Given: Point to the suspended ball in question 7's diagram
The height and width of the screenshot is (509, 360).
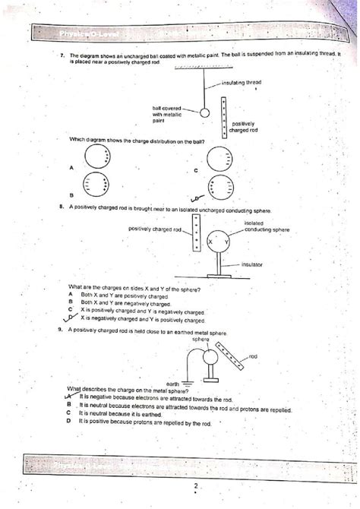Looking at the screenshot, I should coord(204,110).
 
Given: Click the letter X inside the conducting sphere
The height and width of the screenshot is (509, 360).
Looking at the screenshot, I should coord(210,242).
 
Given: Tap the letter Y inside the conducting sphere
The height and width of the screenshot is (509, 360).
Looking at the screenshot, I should coord(226,242).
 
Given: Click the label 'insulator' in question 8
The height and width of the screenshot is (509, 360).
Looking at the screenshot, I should coord(251,264).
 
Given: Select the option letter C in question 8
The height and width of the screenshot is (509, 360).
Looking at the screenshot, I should coord(69,310).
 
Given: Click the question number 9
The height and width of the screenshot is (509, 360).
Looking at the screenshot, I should coord(60,330).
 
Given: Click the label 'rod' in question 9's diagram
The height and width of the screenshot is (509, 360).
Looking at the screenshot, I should coord(253,356).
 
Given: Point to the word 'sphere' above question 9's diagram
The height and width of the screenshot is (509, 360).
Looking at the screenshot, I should coord(201,339).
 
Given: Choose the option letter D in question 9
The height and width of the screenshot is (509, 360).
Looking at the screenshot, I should coord(68,420).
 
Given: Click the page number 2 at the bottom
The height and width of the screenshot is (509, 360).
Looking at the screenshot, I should coord(195,486).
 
